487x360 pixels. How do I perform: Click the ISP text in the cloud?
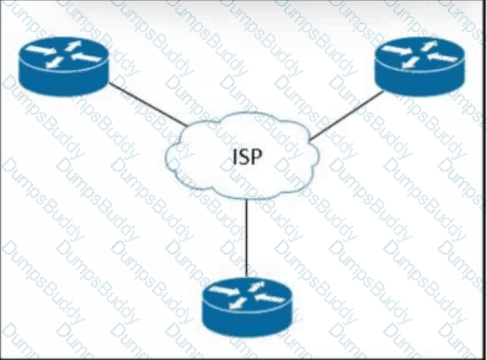click(247, 157)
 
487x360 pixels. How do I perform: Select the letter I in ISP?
click(234, 157)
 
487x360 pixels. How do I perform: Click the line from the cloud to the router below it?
click(247, 237)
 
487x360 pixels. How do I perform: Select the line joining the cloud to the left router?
click(148, 104)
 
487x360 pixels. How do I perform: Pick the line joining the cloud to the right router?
click(346, 116)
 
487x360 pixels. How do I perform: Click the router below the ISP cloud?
click(248, 307)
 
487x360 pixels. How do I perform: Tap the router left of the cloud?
click(64, 66)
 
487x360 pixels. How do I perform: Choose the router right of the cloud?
click(420, 66)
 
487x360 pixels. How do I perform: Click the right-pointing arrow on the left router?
click(40, 50)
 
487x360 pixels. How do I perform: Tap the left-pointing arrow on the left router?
click(86, 57)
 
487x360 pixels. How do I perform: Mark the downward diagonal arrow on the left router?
click(55, 62)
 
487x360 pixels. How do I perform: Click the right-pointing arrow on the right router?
click(397, 50)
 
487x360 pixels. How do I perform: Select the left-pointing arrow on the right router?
click(442, 57)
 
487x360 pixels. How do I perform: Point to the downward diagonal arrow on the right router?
click(410, 62)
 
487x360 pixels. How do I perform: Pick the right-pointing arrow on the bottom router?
click(225, 290)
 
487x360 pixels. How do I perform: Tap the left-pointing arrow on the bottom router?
click(270, 299)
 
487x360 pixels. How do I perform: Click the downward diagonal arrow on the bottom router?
click(238, 303)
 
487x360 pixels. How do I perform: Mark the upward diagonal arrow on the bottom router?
click(256, 286)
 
